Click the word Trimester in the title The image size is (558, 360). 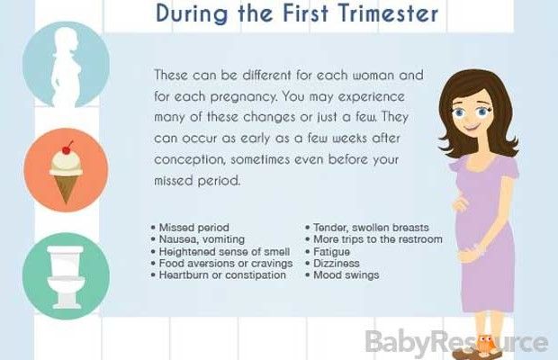[388, 13]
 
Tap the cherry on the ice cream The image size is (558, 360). [67, 149]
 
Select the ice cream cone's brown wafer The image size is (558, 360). [66, 189]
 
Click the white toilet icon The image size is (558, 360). [66, 276]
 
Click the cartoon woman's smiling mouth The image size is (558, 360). [472, 127]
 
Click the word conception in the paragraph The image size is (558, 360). [189, 159]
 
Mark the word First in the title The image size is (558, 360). [306, 13]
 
